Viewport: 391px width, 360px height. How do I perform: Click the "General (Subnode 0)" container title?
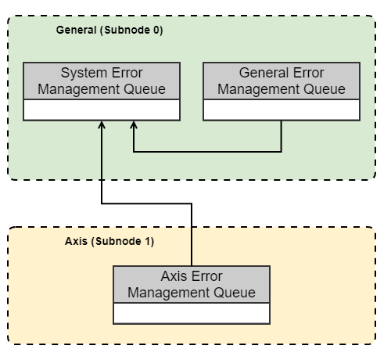point(109,30)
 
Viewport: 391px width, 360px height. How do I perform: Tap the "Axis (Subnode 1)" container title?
point(109,240)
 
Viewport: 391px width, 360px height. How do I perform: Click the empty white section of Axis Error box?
point(192,313)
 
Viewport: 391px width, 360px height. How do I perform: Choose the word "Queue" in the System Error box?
point(145,89)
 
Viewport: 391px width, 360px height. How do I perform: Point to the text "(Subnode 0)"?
point(136,30)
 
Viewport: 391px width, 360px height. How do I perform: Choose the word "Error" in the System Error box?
point(128,73)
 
